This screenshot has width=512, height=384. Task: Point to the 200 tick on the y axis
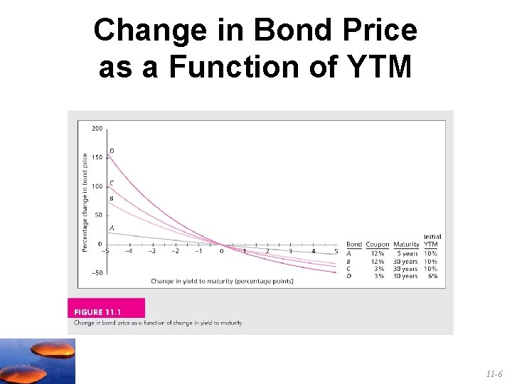[x=96, y=129]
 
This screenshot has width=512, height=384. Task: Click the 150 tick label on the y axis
[x=96, y=157]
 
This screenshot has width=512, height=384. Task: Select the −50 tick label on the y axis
[x=95, y=273]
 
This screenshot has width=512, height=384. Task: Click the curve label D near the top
[x=112, y=151]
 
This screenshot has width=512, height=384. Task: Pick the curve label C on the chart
[x=112, y=183]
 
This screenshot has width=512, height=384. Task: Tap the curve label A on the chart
[x=111, y=228]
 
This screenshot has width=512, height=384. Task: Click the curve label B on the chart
[x=111, y=198]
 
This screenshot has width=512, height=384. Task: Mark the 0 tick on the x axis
[x=221, y=250]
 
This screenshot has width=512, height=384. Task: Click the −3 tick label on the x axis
[x=151, y=250]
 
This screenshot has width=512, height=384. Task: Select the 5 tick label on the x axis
[x=336, y=250]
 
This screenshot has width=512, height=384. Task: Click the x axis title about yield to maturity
[x=222, y=281]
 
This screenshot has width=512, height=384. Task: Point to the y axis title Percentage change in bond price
[x=85, y=202]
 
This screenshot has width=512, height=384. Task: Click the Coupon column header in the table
[x=378, y=245]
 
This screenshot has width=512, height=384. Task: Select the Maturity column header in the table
[x=406, y=245]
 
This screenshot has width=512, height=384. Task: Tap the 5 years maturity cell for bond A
[x=406, y=253]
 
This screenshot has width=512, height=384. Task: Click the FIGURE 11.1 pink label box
[x=106, y=311]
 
